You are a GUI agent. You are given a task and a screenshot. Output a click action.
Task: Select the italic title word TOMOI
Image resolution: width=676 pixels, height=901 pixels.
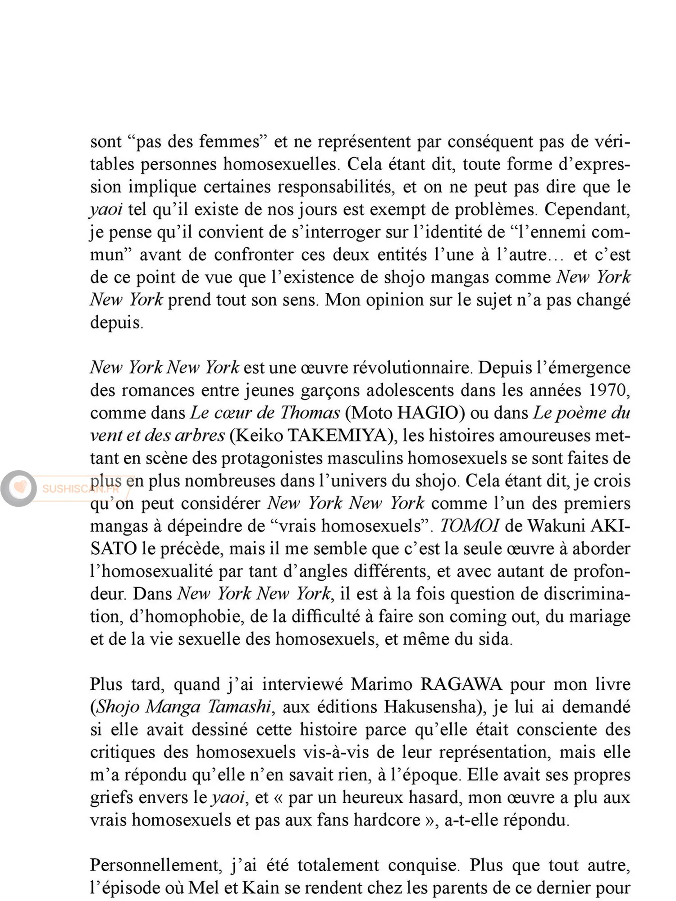click(469, 526)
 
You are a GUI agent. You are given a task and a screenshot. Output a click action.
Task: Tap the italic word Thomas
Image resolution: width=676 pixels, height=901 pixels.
click(310, 413)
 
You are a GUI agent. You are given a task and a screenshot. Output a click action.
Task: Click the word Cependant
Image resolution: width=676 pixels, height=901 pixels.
click(587, 209)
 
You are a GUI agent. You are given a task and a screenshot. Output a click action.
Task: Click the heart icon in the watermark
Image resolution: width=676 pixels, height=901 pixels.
click(19, 487)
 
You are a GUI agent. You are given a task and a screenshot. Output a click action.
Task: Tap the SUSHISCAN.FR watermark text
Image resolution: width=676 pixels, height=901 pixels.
click(80, 489)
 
